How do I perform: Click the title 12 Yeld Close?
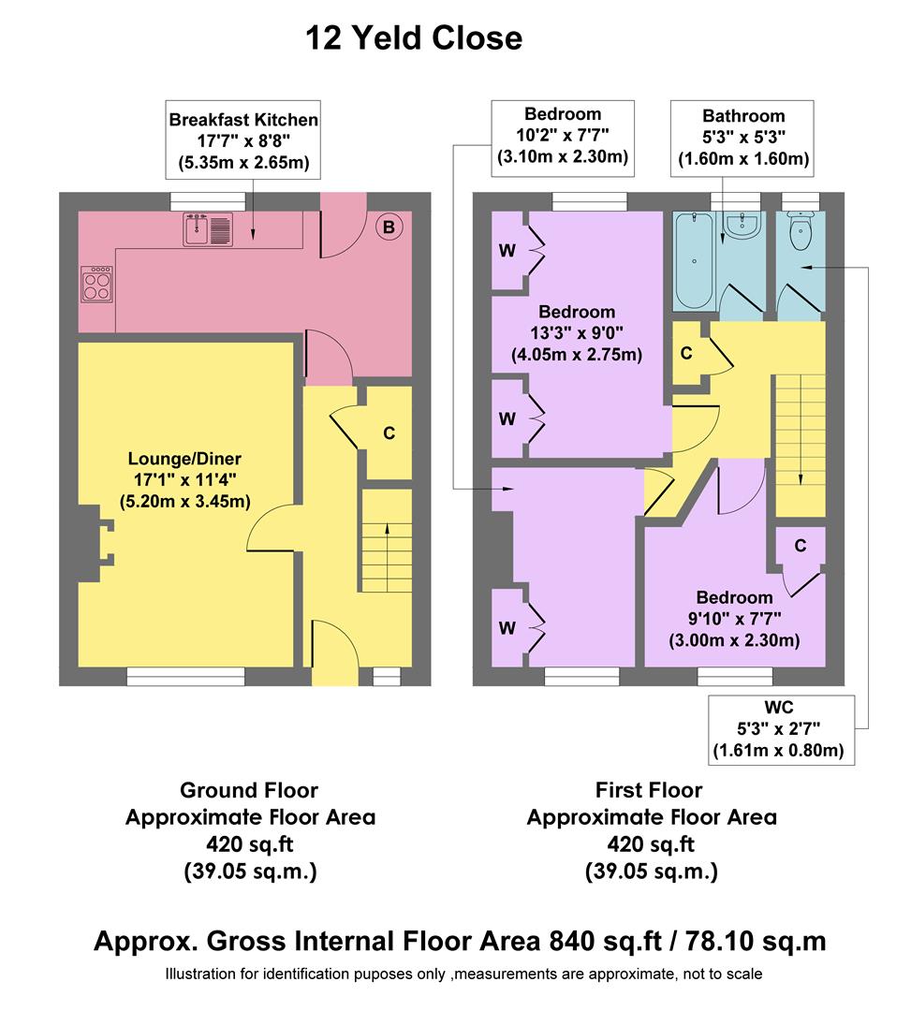[414, 38]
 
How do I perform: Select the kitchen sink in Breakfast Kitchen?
[208, 229]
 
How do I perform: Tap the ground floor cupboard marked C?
[388, 433]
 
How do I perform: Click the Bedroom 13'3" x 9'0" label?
[576, 333]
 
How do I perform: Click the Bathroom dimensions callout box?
[743, 138]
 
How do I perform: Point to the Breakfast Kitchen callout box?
[243, 141]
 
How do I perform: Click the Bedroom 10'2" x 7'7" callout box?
[563, 136]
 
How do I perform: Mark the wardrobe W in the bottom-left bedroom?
[508, 628]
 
